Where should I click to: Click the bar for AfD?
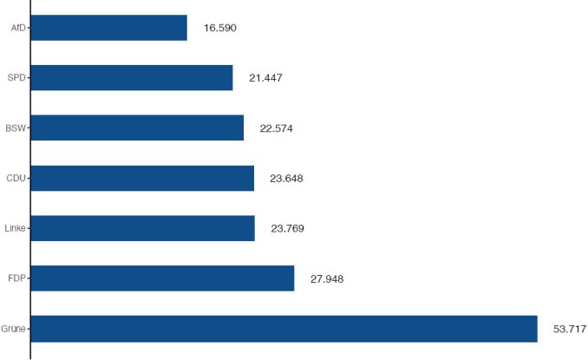point(108,28)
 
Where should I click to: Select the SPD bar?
point(132,78)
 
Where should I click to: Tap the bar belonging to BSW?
point(137,128)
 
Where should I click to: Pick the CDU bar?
point(142,179)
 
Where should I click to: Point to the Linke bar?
point(143,229)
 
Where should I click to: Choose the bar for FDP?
point(162,278)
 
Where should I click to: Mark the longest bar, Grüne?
point(284,329)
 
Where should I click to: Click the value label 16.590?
point(219,29)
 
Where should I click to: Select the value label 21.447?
point(265,79)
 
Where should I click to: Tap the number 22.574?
point(277,129)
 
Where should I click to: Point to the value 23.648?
point(286,180)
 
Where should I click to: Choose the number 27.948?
point(327,279)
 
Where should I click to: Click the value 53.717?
point(570,330)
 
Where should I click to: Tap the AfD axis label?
point(18,29)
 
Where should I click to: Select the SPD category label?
point(17,79)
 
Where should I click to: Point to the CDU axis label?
point(16,180)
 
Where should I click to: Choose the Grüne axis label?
point(14,330)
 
